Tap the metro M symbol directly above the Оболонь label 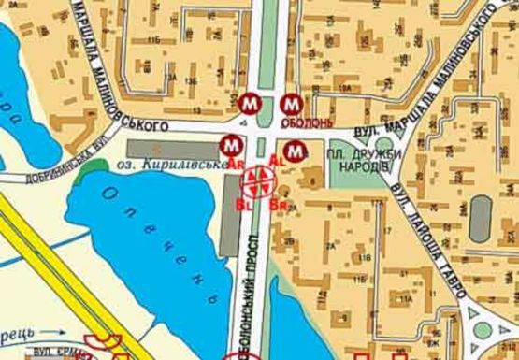(x=291, y=105)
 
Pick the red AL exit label (x=277, y=161)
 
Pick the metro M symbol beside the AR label (x=230, y=146)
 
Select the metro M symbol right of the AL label (x=296, y=148)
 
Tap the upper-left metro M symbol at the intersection (x=249, y=103)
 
